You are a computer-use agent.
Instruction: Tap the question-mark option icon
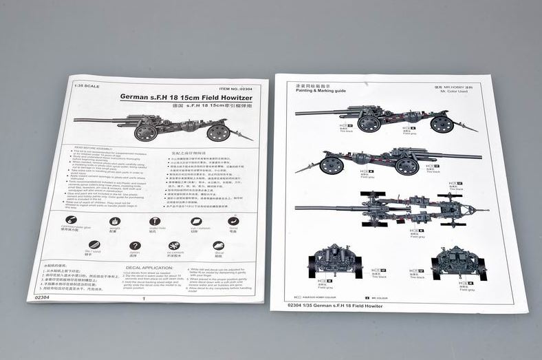(x=133, y=246)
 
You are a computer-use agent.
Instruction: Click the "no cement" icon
(x=174, y=246)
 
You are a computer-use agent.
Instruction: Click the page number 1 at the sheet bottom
(x=142, y=299)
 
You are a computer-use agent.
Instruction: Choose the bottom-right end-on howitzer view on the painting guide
(x=458, y=262)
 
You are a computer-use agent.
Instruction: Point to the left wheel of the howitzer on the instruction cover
(x=146, y=131)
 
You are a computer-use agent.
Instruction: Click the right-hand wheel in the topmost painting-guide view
(x=442, y=123)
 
